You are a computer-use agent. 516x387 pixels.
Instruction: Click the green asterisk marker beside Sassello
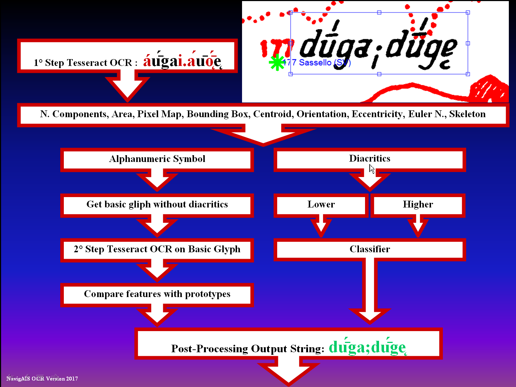(x=277, y=63)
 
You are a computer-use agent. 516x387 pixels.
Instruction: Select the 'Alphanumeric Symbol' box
(x=157, y=159)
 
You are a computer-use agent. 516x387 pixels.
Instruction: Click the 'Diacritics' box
(x=370, y=159)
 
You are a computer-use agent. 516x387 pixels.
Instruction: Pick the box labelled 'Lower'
(x=321, y=205)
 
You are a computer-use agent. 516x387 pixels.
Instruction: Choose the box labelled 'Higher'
(x=418, y=205)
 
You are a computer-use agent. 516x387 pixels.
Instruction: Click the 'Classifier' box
(x=370, y=249)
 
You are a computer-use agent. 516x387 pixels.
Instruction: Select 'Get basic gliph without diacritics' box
(x=157, y=205)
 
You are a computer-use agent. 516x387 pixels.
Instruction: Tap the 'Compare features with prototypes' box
(x=157, y=294)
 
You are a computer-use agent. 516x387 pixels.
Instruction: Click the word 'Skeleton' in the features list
(x=467, y=114)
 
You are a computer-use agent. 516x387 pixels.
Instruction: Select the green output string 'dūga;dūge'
(x=367, y=347)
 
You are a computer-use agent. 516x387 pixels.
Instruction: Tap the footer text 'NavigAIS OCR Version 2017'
(x=42, y=379)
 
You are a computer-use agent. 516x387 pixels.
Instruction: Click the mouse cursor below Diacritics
(x=372, y=169)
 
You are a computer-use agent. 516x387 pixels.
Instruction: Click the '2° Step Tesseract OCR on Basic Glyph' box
(x=157, y=249)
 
